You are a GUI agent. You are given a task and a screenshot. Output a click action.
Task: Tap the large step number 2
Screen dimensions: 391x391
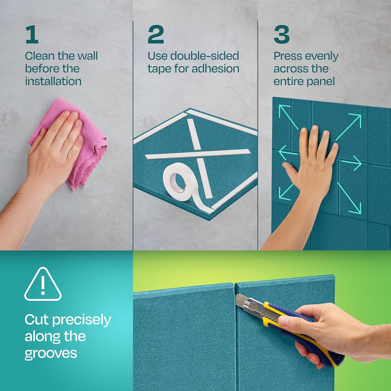pyautogui.click(x=156, y=34)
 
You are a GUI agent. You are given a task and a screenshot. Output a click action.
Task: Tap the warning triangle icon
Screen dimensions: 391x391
pyautogui.click(x=43, y=285)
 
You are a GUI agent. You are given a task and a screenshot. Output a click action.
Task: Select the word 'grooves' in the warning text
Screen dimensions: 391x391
pyautogui.click(x=51, y=353)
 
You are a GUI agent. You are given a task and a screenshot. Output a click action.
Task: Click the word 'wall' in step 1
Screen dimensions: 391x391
pyautogui.click(x=87, y=56)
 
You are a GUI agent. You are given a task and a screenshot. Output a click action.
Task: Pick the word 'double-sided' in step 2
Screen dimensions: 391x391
pyautogui.click(x=205, y=56)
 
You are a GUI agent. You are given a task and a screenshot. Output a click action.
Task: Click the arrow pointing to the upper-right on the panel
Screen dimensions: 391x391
pyautogui.click(x=349, y=126)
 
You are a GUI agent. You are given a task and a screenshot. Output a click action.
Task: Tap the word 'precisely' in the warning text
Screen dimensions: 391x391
pyautogui.click(x=81, y=320)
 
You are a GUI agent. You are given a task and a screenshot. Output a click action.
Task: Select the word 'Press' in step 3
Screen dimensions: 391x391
pyautogui.click(x=287, y=56)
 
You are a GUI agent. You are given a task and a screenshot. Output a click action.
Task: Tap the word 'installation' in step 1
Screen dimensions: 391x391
pyautogui.click(x=53, y=81)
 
